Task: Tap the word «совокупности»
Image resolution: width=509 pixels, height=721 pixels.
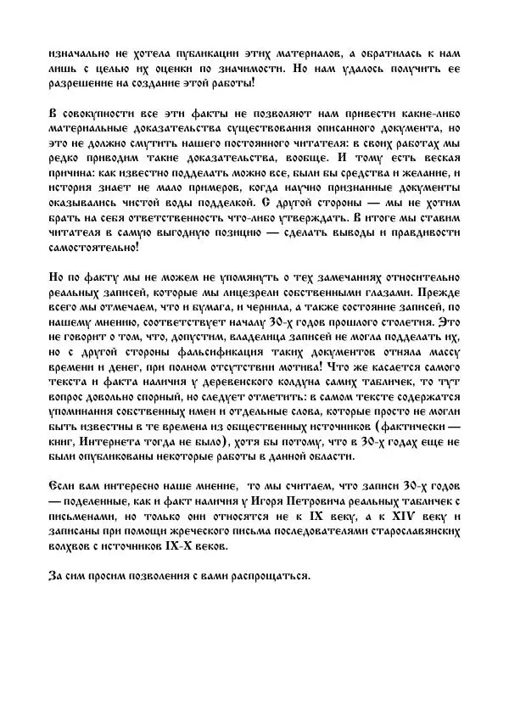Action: [x=99, y=114]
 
